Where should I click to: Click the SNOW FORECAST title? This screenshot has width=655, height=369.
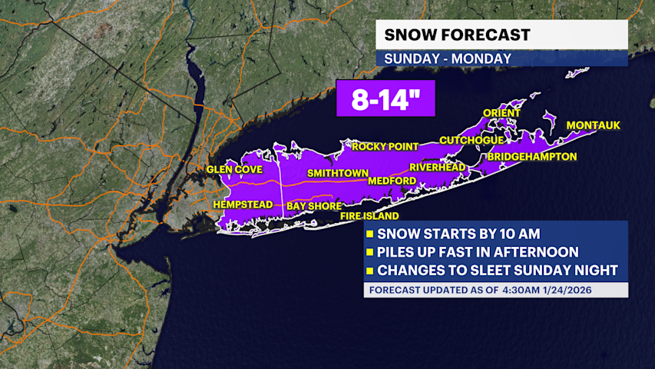coord(456,35)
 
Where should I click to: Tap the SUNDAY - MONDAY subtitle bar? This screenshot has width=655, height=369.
coord(437,58)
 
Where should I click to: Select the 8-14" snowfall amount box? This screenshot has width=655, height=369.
coord(385,98)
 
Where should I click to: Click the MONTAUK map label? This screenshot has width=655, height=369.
coord(593,125)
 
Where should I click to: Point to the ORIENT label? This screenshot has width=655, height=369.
coord(501,113)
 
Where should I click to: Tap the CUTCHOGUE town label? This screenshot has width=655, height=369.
coord(471,140)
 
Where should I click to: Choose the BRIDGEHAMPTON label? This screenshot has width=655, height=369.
coord(532,156)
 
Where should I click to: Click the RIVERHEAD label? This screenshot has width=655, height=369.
coord(437,167)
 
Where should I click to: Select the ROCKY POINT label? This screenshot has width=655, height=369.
coord(385,146)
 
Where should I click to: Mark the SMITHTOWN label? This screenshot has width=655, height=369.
coord(338,173)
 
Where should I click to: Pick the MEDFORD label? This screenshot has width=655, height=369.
coord(392,181)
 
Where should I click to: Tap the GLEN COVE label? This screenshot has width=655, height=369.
coord(234,169)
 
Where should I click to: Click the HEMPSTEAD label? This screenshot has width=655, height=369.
coord(243,204)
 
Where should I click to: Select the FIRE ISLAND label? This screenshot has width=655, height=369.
coord(369,217)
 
